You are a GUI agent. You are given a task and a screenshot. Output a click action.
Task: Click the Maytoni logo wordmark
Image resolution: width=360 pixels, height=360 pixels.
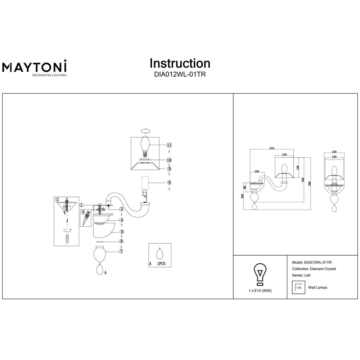tap(35, 67)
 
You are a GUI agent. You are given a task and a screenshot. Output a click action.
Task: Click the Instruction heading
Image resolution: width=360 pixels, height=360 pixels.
tap(180, 63)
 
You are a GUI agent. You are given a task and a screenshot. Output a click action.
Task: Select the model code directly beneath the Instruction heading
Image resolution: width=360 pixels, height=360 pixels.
tap(180, 75)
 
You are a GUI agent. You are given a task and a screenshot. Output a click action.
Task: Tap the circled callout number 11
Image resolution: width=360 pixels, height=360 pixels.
tap(169, 145)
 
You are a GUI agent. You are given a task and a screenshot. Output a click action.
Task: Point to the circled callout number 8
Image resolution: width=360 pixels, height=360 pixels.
tap(169, 183)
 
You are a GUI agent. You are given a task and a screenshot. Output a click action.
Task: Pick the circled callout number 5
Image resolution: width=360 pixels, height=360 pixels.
tap(122, 232)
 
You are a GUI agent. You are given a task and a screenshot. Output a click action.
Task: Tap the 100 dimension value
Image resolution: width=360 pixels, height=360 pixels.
tap(257, 171)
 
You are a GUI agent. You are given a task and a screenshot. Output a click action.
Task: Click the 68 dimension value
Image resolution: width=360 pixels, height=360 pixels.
tap(245, 187)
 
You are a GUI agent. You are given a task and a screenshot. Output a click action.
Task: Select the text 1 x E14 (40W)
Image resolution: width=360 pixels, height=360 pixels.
tap(260, 290)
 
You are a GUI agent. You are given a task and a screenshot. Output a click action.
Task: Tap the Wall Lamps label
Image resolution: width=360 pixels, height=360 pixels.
tap(318, 288)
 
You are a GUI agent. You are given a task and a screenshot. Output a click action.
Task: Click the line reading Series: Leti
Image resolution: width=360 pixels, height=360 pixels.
tap(302, 275)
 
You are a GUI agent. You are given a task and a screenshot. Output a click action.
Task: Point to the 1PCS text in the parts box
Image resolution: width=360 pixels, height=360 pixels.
tap(161, 264)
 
